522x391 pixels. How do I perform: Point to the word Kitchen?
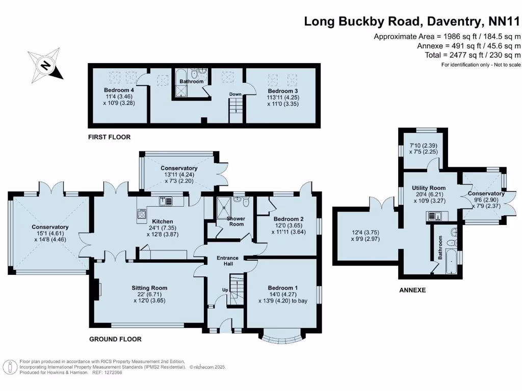[x=163, y=221]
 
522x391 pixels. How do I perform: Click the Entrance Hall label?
[x=227, y=261]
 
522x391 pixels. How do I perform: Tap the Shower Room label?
[x=236, y=221]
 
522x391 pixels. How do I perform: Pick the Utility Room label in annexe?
[x=429, y=188]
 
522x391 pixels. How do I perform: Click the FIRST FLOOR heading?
[x=109, y=137]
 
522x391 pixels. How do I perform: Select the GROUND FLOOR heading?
[x=115, y=339]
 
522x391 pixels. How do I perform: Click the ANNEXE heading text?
[x=412, y=290]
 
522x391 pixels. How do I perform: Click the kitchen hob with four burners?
[x=141, y=214]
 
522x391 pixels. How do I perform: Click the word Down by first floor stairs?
[x=235, y=94]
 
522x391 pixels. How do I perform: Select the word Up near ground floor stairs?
[x=225, y=290]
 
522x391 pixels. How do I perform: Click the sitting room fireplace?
[x=96, y=289]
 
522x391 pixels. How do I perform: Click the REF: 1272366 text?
[x=107, y=372]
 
